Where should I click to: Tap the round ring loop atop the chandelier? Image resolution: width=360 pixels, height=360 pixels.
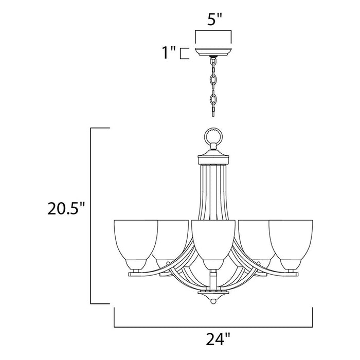212,137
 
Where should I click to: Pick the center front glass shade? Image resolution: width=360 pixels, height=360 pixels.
212,242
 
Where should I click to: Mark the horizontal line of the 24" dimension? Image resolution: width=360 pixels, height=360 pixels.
213,327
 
